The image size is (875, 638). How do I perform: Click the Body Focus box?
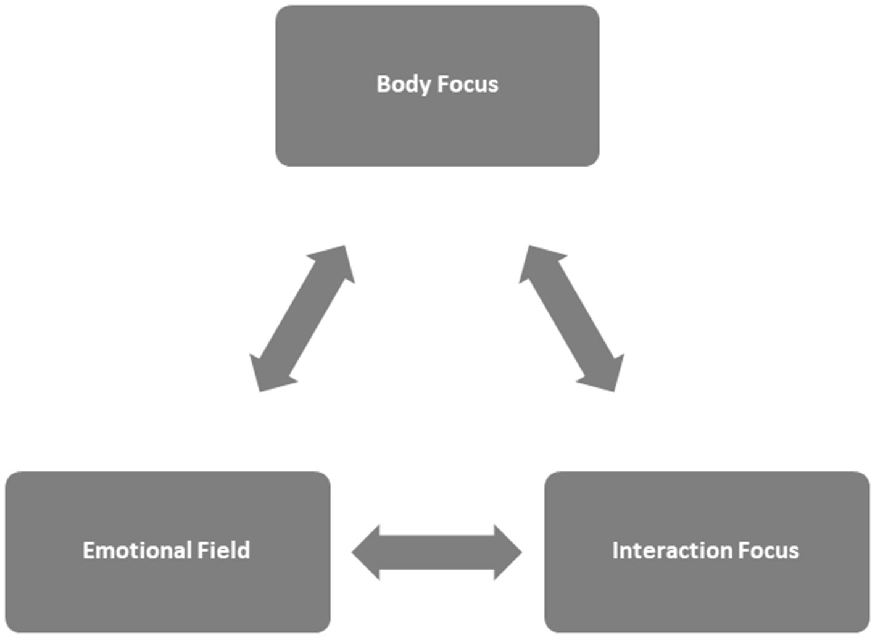(437, 123)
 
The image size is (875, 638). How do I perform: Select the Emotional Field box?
(167, 592)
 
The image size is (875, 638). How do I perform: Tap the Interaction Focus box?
(707, 592)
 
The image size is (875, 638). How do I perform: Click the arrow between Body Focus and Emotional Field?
(302, 318)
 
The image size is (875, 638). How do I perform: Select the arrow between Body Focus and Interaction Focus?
(571, 318)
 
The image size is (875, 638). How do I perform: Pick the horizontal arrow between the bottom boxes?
(437, 552)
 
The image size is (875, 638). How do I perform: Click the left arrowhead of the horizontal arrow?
(367, 552)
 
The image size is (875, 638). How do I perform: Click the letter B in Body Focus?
(383, 85)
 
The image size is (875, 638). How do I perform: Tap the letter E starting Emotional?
(88, 550)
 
